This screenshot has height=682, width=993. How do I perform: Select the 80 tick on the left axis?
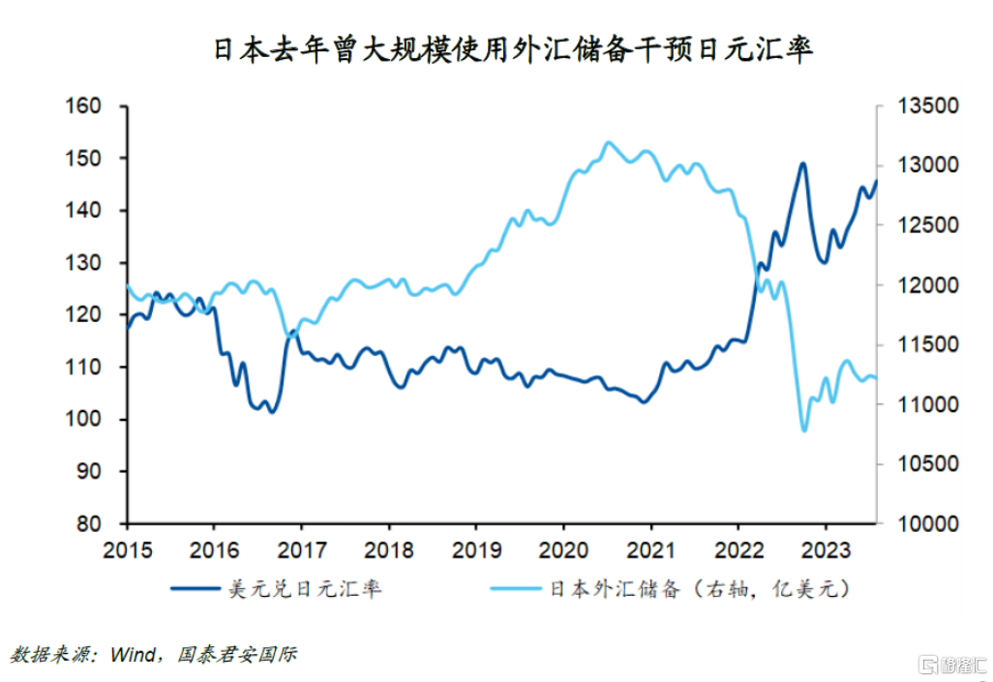click(88, 524)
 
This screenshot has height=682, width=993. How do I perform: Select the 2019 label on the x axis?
click(475, 550)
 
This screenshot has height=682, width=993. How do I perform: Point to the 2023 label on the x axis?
click(825, 550)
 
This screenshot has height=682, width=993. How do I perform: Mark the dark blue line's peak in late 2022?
click(802, 163)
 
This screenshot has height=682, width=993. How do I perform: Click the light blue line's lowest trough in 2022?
click(803, 430)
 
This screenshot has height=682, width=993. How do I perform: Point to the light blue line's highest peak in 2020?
click(608, 142)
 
